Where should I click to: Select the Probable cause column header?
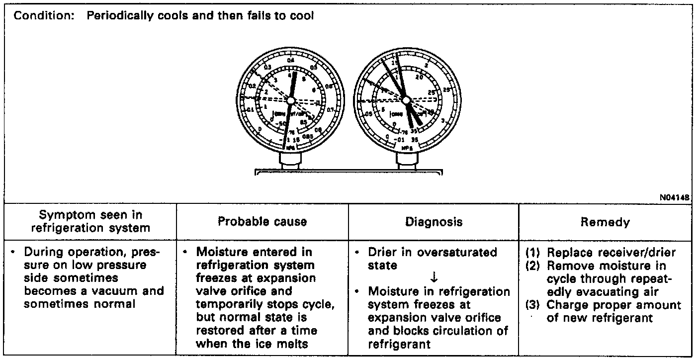tap(262, 222)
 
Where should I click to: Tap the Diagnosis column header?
tap(433, 222)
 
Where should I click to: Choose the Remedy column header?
tap(605, 222)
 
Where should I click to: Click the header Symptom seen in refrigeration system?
tap(90, 222)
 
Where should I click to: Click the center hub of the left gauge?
tap(290, 100)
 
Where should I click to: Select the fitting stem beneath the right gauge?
tap(406, 160)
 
